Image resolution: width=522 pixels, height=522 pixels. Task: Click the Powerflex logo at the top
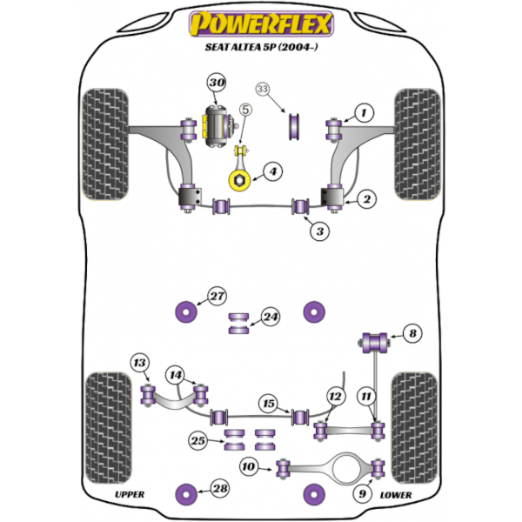[x=260, y=22]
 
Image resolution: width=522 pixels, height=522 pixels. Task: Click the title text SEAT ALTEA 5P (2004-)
[x=260, y=49]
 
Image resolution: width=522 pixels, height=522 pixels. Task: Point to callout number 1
[x=363, y=112]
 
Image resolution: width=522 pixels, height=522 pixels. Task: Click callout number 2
[x=367, y=200]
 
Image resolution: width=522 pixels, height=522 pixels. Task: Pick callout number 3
[x=320, y=231]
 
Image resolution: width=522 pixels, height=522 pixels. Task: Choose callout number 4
[x=272, y=172]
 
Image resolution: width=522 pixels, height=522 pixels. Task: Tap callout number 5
[x=245, y=110]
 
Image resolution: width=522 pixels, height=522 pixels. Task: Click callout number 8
[x=412, y=331]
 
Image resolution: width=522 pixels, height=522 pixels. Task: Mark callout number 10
[x=250, y=468]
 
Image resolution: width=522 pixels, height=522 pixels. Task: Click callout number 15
[x=270, y=403]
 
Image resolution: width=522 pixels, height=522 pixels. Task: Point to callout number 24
[x=271, y=318]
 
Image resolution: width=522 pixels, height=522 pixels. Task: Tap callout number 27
[x=216, y=295]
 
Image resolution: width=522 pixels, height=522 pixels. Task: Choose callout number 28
[x=221, y=489]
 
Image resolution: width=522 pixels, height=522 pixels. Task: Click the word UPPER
[x=130, y=495]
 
